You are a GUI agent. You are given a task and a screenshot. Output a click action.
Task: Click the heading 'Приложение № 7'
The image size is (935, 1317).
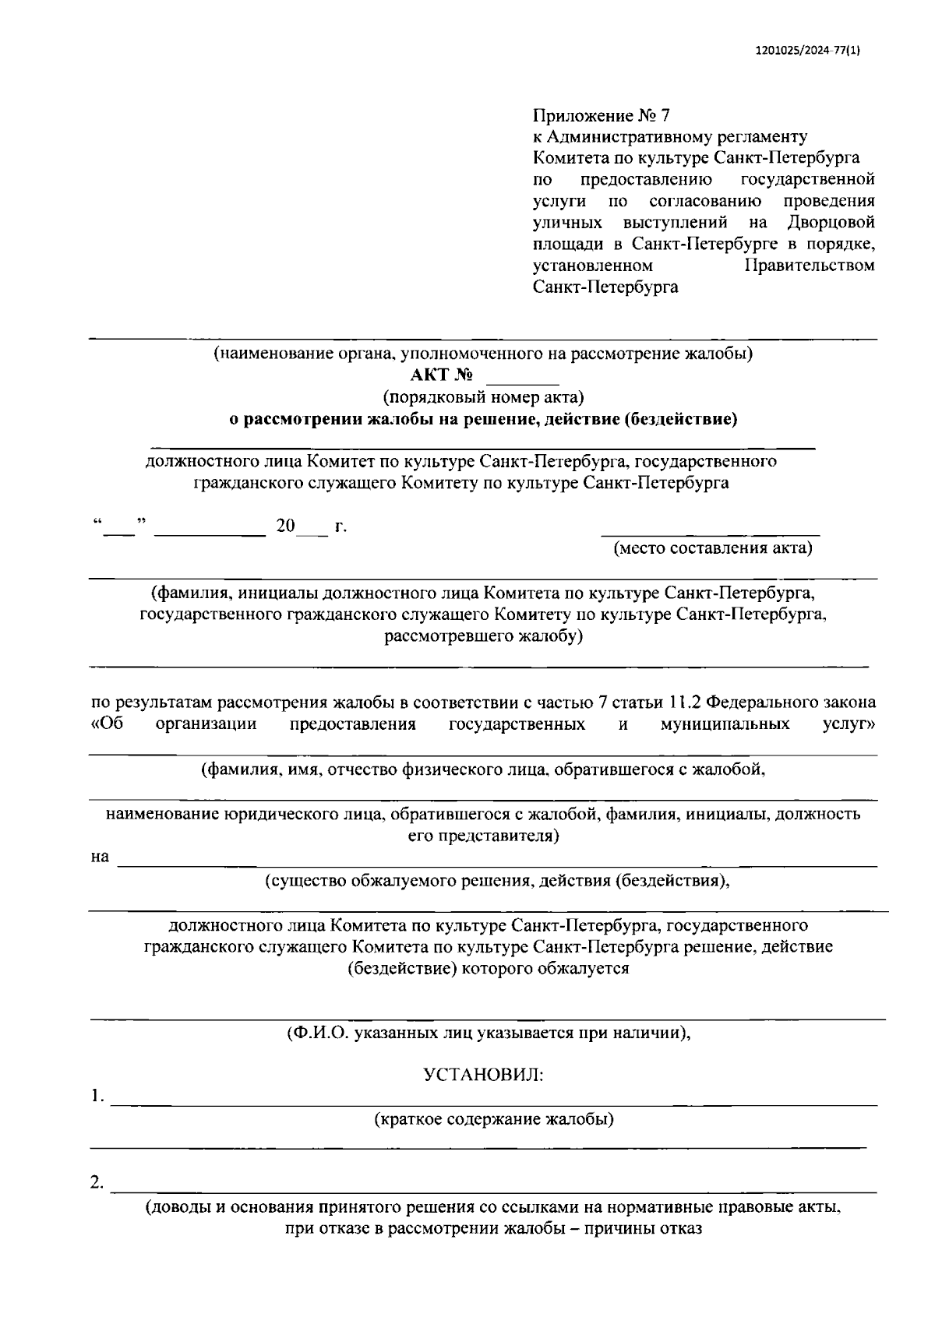[601, 116]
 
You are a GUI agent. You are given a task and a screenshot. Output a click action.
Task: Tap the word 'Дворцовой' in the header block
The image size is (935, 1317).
[831, 223]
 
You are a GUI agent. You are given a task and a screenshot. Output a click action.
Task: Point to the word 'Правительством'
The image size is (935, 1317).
[810, 266]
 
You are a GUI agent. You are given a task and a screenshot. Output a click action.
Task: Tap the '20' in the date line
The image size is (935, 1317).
[285, 526]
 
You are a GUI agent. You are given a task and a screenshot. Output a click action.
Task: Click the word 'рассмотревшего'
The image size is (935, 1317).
[446, 636]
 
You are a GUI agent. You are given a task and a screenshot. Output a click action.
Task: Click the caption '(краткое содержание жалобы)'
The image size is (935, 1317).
[493, 1120]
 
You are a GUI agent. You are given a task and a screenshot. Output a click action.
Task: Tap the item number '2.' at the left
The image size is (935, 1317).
[97, 1183]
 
